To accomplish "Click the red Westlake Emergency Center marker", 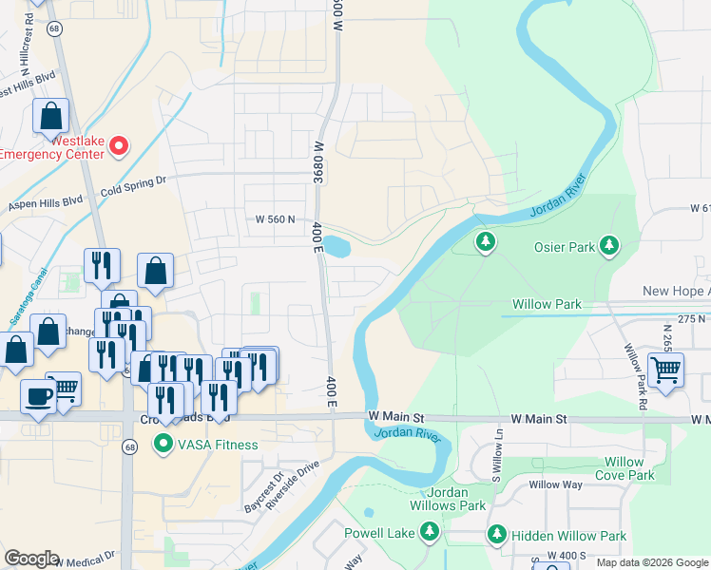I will click(119, 145).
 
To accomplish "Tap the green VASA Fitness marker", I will click(163, 443).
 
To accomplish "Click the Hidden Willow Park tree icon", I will click(496, 536).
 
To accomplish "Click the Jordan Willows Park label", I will click(444, 499).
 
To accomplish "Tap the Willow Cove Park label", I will click(625, 468).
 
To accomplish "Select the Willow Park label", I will click(547, 305).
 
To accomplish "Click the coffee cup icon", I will click(38, 397).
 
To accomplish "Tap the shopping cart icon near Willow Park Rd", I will click(665, 370).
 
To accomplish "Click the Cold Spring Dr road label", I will click(133, 180).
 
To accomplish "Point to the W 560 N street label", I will click(276, 219).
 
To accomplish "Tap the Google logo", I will click(32, 559).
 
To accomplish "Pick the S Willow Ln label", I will click(496, 454).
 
